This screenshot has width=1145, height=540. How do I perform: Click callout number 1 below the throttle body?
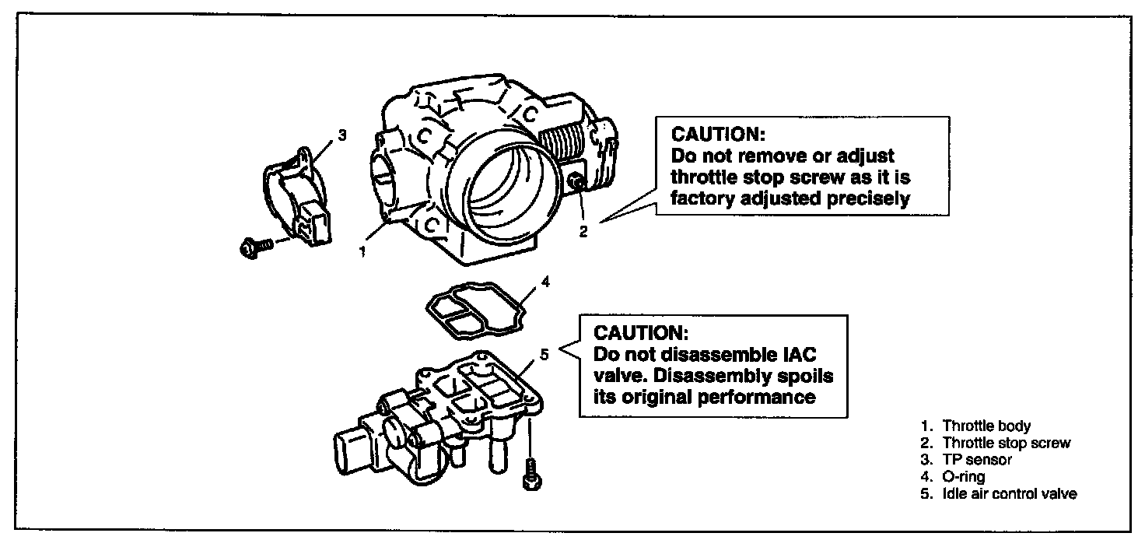tap(362, 251)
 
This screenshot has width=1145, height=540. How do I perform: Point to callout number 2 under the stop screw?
tap(583, 230)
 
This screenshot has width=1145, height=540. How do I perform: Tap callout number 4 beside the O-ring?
tap(545, 282)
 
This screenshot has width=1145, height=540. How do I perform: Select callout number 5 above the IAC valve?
tap(544, 354)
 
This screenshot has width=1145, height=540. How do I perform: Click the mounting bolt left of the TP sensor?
tap(254, 247)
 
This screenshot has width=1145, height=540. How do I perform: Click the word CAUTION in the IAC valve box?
tap(640, 333)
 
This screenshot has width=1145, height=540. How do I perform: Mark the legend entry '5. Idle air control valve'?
tap(999, 494)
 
